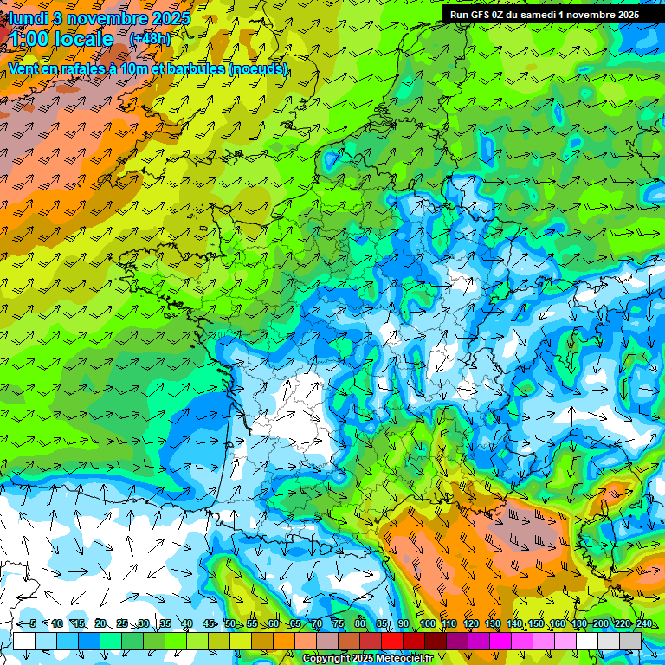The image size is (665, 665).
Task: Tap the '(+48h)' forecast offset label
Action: (150, 39)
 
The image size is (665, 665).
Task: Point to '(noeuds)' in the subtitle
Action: (257, 68)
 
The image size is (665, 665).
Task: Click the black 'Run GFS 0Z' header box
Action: (545, 14)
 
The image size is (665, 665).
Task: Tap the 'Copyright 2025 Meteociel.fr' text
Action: (367, 658)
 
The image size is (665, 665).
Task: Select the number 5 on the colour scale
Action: (32, 623)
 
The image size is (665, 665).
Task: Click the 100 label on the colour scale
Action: (427, 623)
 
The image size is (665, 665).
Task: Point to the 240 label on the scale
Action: (643, 623)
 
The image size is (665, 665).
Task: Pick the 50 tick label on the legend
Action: (230, 623)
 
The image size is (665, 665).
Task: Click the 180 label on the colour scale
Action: (578, 623)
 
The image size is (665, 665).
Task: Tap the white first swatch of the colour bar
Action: (24, 641)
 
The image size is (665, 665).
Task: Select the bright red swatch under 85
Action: (392, 641)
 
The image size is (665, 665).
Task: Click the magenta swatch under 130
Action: (500, 641)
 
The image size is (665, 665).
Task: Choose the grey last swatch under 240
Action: (630, 641)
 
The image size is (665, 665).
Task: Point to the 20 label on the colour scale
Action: (100, 623)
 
